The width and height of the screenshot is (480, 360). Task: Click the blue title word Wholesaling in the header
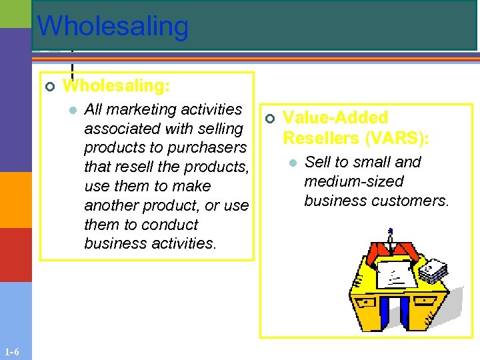[113, 26]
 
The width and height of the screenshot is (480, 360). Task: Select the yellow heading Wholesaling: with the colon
[116, 86]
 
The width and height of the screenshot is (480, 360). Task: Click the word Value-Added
[335, 118]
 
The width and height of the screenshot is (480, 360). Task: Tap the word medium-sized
[353, 181]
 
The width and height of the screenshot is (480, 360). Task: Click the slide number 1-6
[11, 352]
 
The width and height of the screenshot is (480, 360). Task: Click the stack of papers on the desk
[433, 270]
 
